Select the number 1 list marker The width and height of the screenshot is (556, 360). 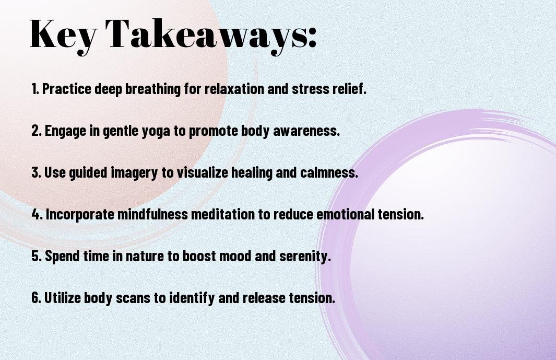35,89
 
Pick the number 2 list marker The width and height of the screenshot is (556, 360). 36,131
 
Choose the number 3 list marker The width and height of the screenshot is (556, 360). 36,172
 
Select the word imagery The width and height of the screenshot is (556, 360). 134,173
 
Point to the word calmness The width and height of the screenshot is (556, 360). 328,172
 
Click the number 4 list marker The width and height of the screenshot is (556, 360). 37,214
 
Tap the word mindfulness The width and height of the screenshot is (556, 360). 152,214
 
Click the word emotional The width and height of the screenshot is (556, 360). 345,214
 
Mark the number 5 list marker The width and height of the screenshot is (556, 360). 36,256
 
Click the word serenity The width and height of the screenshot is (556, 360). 304,257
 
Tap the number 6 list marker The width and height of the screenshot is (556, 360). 36,298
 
